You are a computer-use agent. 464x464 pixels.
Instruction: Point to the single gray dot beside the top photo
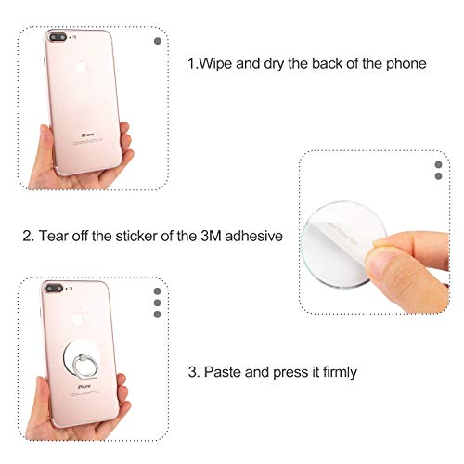point(155,41)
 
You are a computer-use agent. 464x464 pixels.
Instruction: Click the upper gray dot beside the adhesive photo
point(439,164)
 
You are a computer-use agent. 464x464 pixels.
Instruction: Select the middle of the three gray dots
point(156,303)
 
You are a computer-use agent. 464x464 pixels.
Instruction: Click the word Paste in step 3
point(223,371)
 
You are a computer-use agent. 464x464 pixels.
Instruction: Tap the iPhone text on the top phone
point(90,135)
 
